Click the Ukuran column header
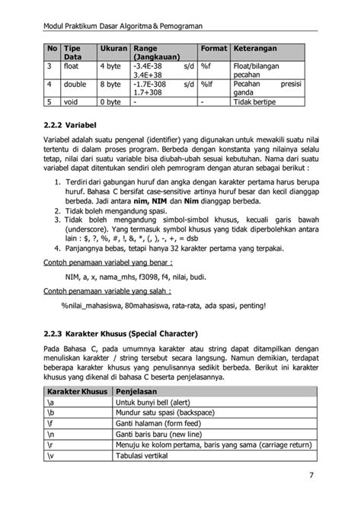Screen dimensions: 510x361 pos(113,50)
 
